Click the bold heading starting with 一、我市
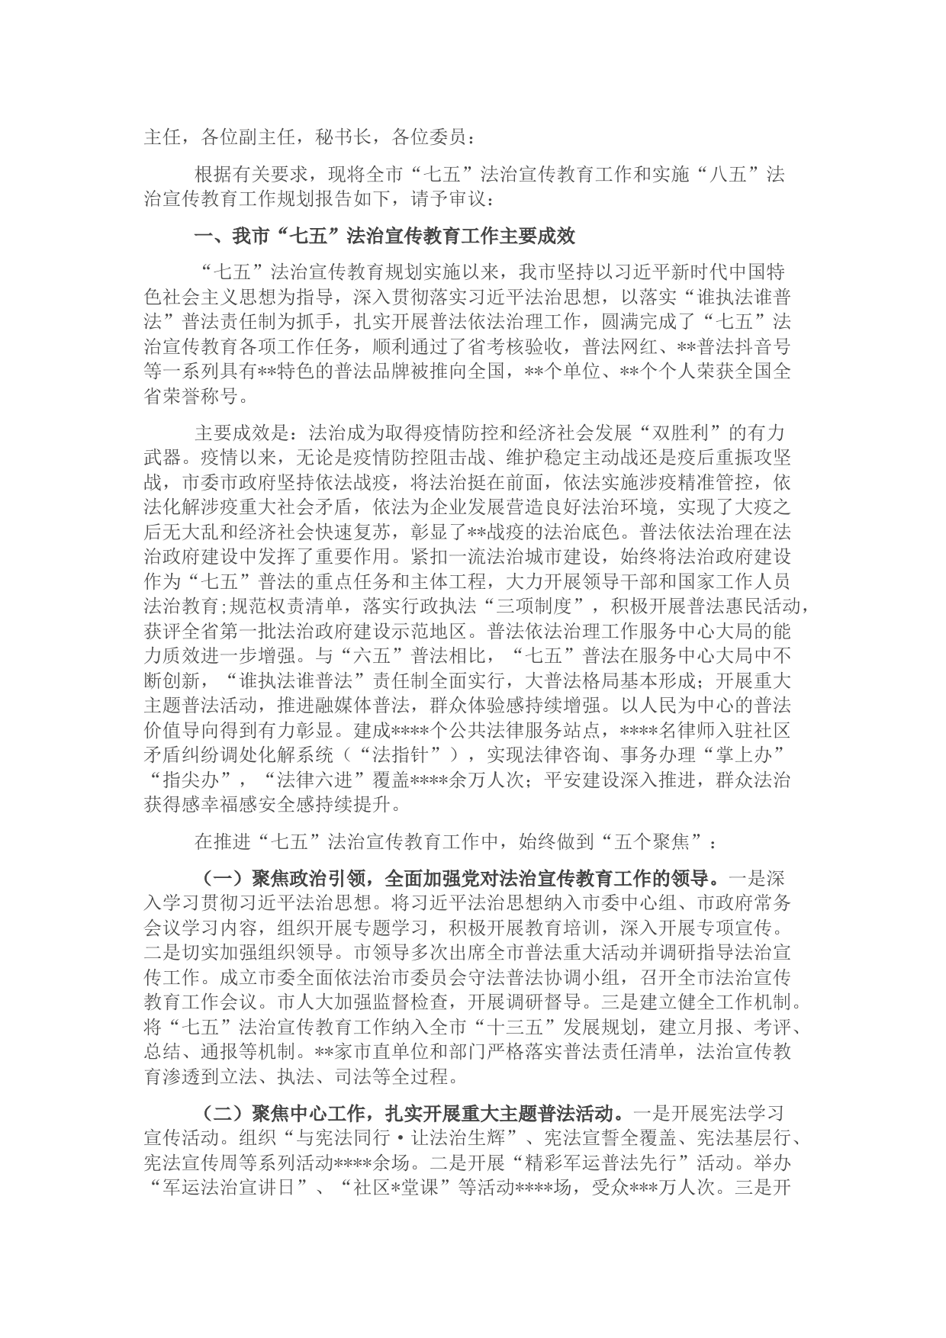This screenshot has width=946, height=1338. pos(385,236)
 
